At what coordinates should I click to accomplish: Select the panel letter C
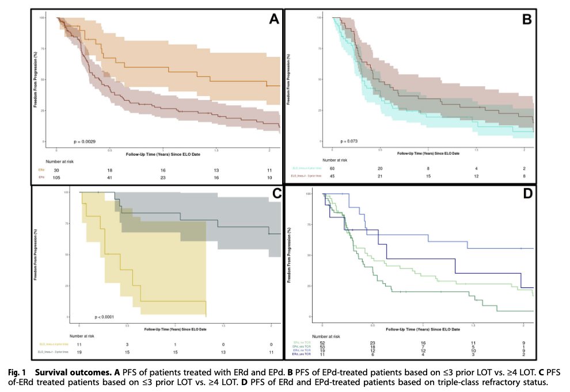pos(276,194)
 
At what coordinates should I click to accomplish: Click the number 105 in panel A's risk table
pos(56,178)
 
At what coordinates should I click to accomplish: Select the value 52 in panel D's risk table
pos(323,342)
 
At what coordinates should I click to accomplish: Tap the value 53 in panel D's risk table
pos(323,347)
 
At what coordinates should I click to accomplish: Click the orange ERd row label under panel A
pos(41,170)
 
